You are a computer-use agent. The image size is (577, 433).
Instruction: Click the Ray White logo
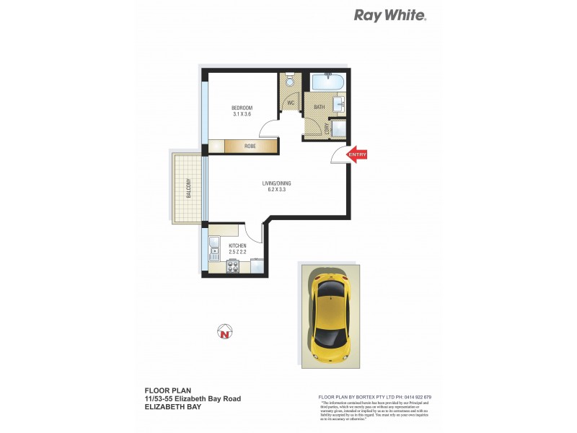point(389,15)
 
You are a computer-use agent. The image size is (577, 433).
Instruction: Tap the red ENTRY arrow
point(358,154)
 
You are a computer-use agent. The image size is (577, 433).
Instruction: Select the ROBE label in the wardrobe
point(250,146)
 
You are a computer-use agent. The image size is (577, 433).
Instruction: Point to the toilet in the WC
point(290,82)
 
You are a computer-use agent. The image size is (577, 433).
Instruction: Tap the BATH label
point(319,108)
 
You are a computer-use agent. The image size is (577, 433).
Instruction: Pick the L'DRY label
point(327,128)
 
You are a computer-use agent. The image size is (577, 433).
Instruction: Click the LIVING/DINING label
point(277,184)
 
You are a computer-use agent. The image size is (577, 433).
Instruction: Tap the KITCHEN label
point(237,246)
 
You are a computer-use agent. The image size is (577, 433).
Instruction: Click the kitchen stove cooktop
point(234,266)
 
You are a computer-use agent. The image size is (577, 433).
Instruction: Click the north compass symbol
point(225,332)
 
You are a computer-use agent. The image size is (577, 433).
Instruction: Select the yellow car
point(332,315)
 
